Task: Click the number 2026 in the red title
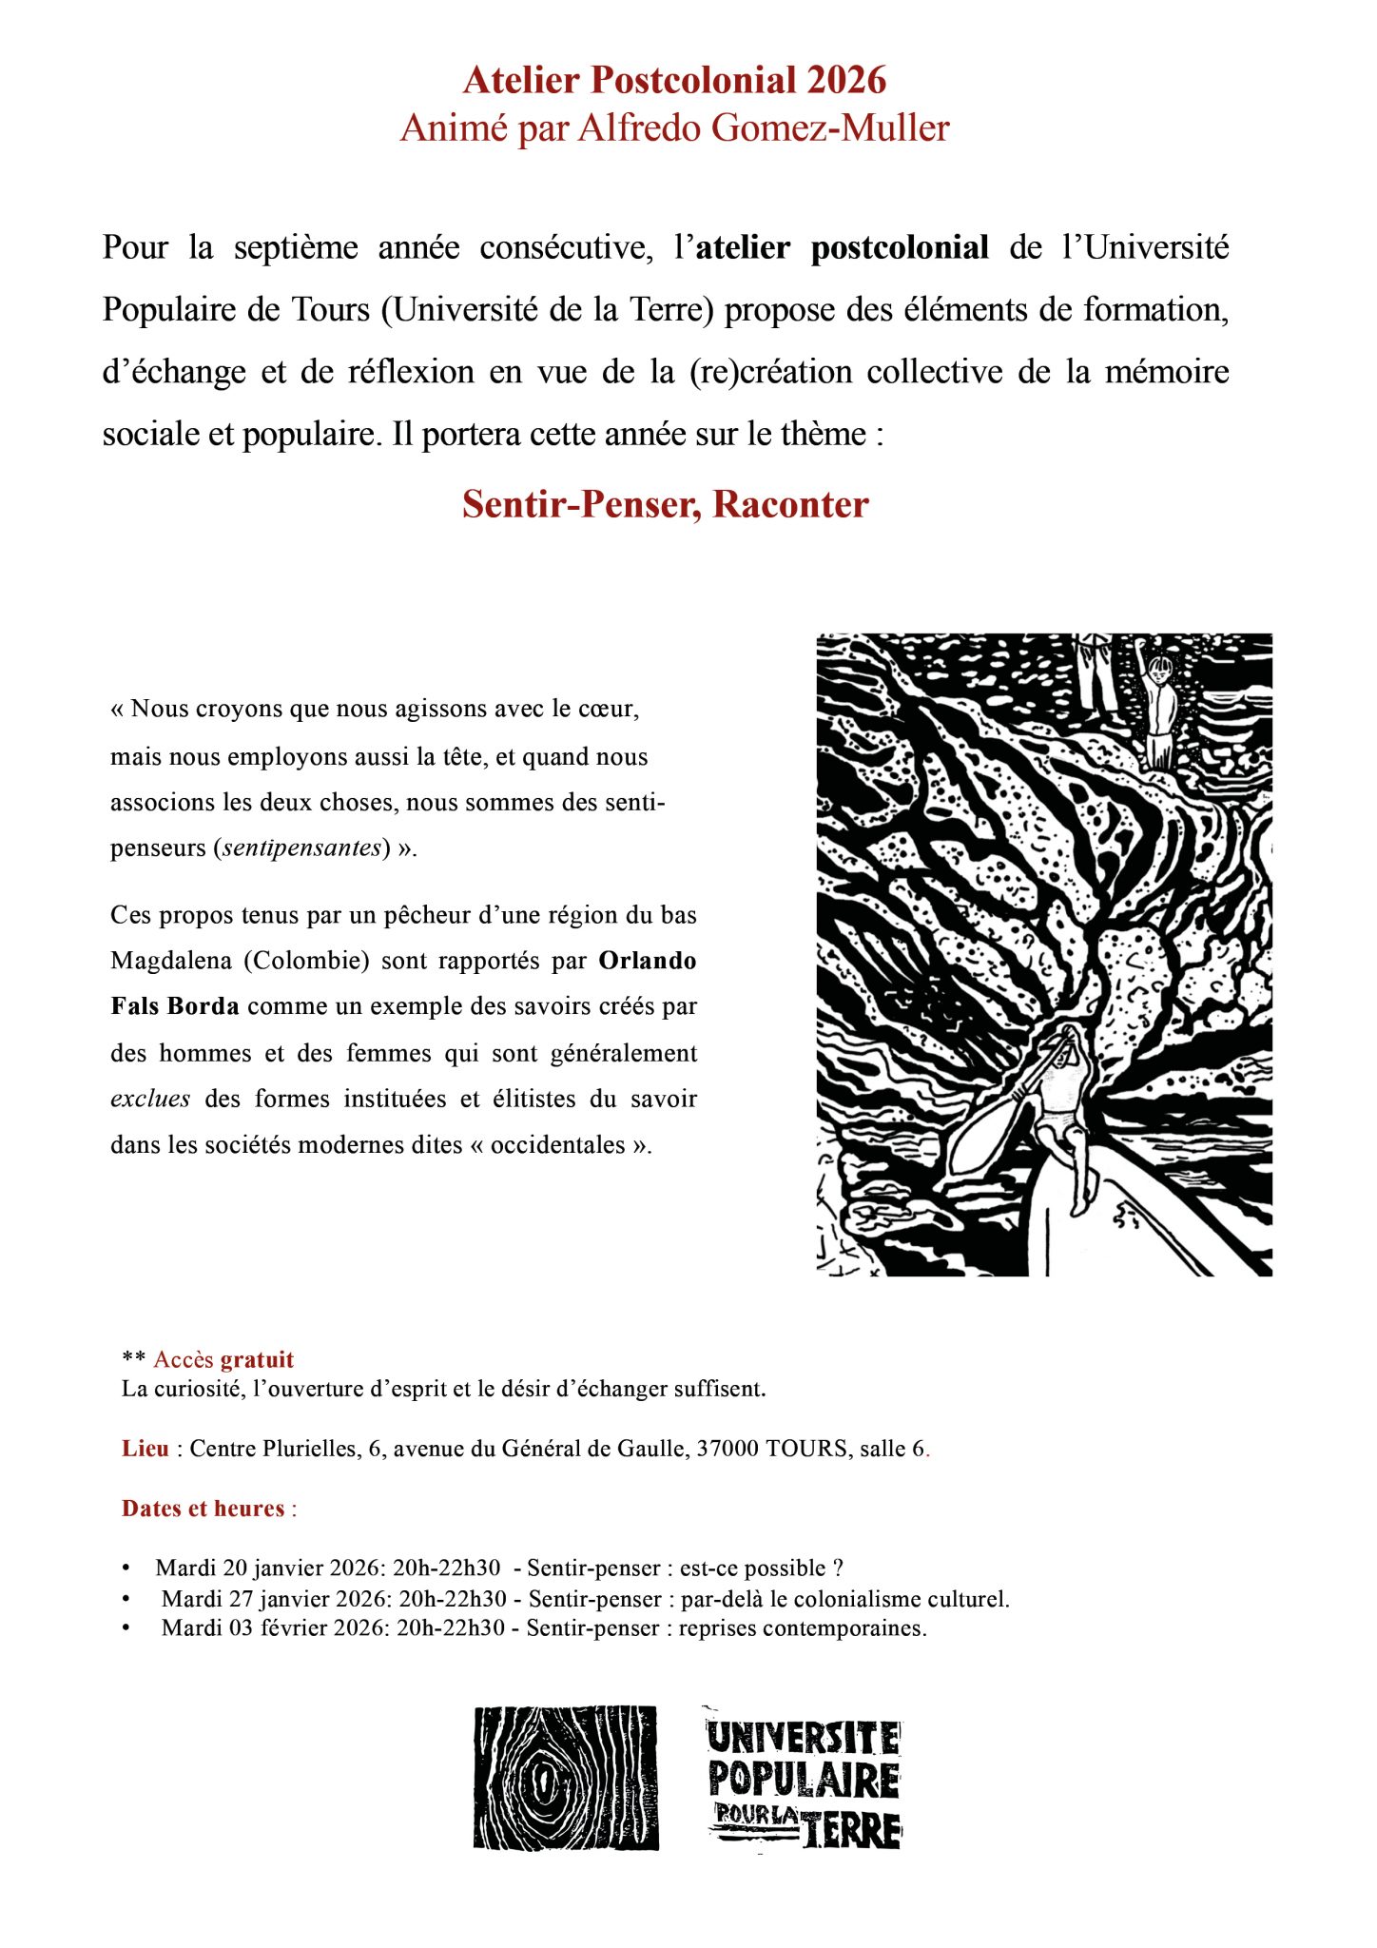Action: [x=846, y=81]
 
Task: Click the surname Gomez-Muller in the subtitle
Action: [x=831, y=127]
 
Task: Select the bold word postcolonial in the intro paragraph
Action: [x=900, y=247]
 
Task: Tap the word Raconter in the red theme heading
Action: [x=790, y=504]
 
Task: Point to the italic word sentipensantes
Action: [x=302, y=847]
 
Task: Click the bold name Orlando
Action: [x=647, y=961]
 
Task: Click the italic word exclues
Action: [x=150, y=1100]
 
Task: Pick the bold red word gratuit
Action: [x=257, y=1360]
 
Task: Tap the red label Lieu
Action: [x=145, y=1449]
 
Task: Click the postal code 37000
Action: [x=727, y=1449]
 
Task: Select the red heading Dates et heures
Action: [x=204, y=1509]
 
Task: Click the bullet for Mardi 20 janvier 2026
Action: [x=126, y=1568]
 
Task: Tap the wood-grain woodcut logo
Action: [x=566, y=1778]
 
